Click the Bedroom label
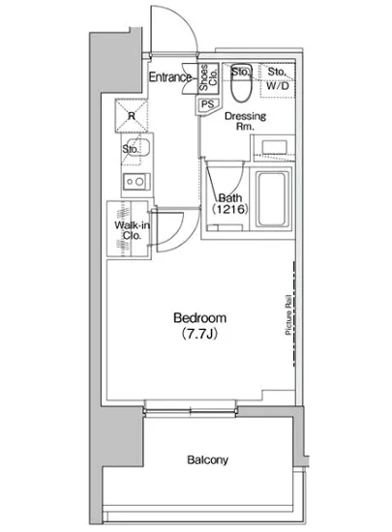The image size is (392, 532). (199, 318)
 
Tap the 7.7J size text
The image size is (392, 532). (199, 334)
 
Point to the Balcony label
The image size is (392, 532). (207, 460)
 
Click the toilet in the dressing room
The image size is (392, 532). (241, 82)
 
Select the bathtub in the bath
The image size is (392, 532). (273, 199)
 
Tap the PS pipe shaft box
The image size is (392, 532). (208, 104)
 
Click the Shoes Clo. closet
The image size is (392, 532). (208, 78)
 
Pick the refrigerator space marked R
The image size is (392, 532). (132, 115)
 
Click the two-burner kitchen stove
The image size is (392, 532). (136, 182)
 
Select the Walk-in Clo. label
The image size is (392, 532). (132, 230)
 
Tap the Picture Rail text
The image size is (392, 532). (288, 314)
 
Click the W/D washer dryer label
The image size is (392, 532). (277, 86)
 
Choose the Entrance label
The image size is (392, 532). (170, 77)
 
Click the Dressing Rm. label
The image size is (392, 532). (245, 121)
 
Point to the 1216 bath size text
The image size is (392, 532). (230, 209)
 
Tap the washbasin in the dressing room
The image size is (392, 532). (275, 147)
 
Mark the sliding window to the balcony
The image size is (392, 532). (190, 411)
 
